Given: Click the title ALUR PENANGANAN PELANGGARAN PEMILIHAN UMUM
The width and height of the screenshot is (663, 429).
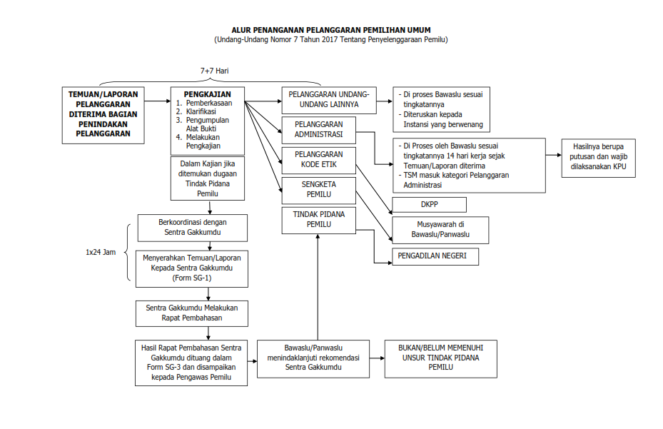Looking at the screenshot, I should click(x=330, y=30).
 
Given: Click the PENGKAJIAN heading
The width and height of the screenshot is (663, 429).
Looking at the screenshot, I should click(x=207, y=94).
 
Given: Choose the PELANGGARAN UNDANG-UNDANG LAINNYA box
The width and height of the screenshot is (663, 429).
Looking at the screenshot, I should click(x=329, y=100).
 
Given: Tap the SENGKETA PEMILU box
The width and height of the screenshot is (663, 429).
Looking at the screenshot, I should click(x=318, y=188).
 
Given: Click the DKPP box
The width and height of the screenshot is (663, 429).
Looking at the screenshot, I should click(x=429, y=205).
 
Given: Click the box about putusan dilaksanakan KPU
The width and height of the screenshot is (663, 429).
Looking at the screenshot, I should click(x=598, y=157).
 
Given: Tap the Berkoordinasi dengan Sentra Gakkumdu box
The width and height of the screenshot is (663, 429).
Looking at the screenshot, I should click(x=193, y=227).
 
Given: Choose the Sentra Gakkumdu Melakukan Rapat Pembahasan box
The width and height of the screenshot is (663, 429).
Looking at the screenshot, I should click(x=192, y=313).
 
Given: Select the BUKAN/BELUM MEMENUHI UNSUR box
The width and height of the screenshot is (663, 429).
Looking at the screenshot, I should click(x=440, y=358).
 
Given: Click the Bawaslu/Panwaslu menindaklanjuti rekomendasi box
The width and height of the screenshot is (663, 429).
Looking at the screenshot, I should click(x=313, y=358).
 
